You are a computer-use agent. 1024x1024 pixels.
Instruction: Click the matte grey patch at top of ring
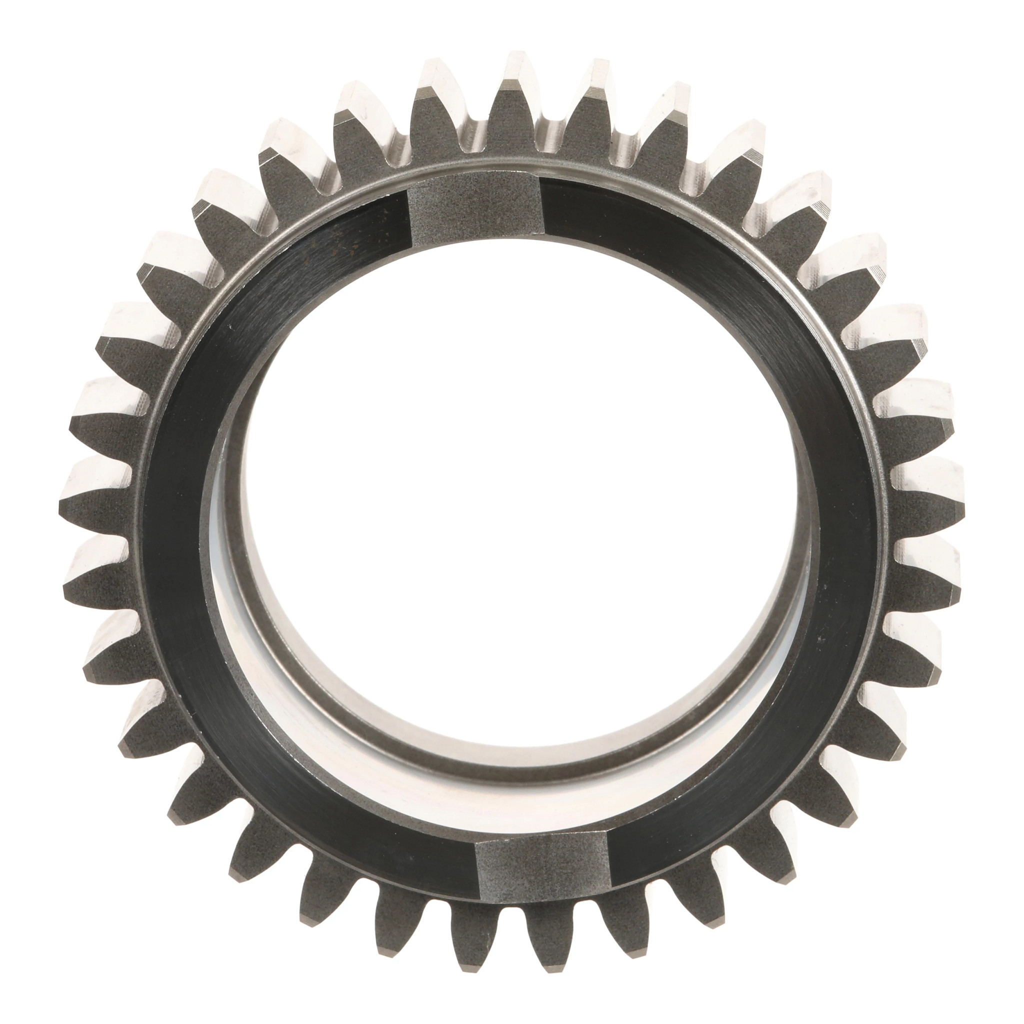point(474,209)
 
